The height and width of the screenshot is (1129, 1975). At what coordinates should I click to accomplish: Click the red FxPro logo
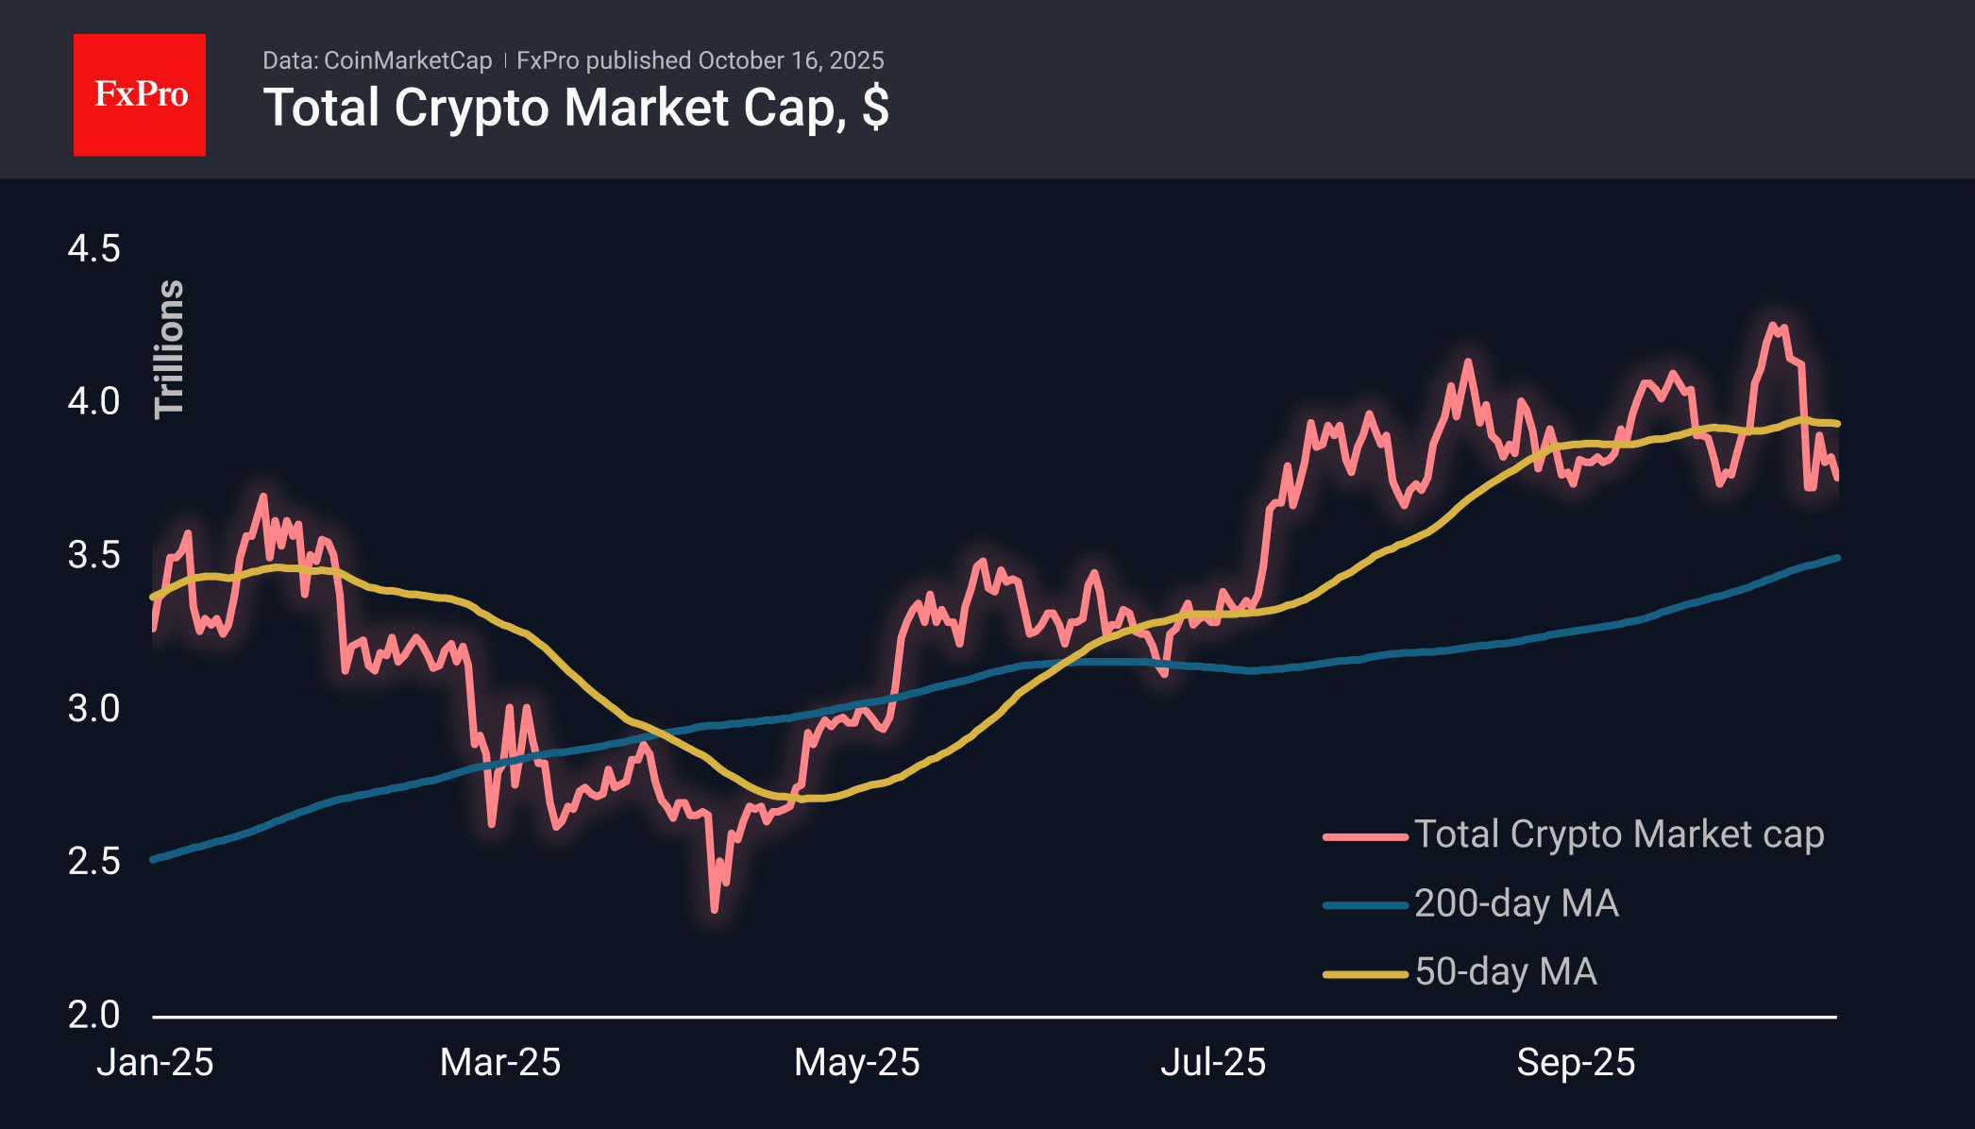(140, 95)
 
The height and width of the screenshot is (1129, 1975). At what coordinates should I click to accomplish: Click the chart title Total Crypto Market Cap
(575, 108)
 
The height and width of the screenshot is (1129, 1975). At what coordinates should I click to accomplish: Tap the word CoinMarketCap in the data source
(408, 60)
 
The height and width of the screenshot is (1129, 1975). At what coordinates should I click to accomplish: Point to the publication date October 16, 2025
(790, 60)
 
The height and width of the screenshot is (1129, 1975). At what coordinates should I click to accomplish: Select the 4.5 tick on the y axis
(93, 249)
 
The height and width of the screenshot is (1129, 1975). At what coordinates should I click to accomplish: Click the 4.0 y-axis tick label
(93, 401)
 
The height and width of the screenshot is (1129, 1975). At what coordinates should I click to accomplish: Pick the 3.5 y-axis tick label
(93, 555)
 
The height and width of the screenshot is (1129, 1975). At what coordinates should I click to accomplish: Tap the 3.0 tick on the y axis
(93, 708)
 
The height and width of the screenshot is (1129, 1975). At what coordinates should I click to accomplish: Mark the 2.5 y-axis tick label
(93, 861)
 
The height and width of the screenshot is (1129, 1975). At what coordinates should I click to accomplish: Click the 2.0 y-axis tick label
(93, 1015)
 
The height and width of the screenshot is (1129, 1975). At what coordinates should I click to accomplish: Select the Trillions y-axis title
(170, 349)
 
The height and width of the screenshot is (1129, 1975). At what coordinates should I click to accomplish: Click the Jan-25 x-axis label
(155, 1063)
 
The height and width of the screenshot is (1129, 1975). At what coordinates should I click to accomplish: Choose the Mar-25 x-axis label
(500, 1063)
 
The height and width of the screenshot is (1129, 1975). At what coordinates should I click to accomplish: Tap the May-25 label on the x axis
(856, 1063)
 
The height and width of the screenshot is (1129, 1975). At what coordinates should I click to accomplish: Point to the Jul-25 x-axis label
(1212, 1063)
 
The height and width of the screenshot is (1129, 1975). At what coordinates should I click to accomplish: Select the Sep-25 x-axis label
(1576, 1063)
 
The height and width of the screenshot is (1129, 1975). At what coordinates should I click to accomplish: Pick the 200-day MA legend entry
(1516, 903)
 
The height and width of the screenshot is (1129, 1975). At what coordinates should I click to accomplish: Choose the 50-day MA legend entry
(1506, 972)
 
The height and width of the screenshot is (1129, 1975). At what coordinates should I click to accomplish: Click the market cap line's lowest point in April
(714, 910)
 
